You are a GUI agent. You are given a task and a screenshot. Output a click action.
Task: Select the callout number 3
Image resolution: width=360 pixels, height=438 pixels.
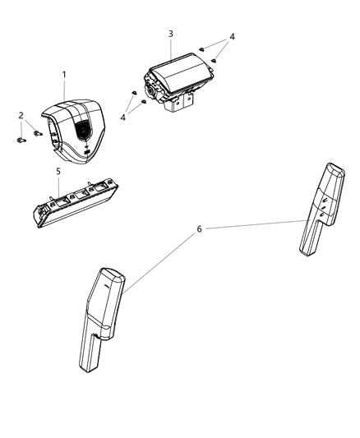170,34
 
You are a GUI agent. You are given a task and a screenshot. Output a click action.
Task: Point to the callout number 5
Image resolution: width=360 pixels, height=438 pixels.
58,172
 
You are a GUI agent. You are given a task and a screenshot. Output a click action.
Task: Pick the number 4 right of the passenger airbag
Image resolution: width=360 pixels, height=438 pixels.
233,37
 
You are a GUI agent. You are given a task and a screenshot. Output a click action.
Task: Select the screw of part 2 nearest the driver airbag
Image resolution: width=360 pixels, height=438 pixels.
37,131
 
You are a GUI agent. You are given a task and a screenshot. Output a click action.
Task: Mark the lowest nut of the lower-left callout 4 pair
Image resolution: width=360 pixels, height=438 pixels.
144,102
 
